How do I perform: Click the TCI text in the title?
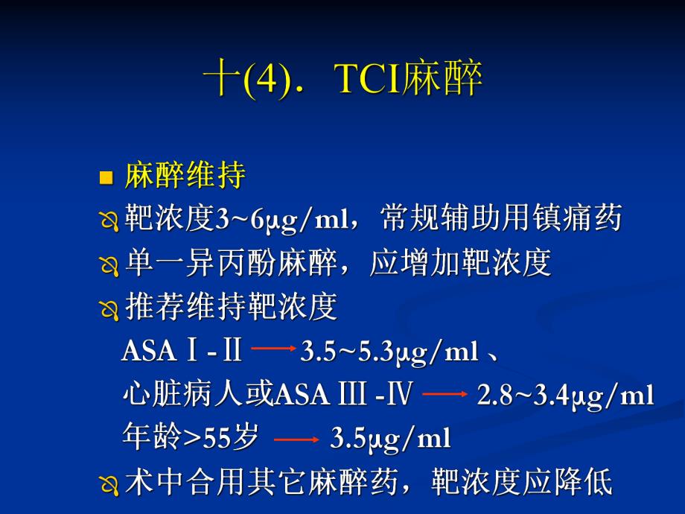368,80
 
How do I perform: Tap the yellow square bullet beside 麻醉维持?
106,178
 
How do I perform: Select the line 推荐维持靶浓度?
232,306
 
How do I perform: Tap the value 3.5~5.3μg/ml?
389,351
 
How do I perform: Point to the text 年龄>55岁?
190,437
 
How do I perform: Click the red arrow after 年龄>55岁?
296,439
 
